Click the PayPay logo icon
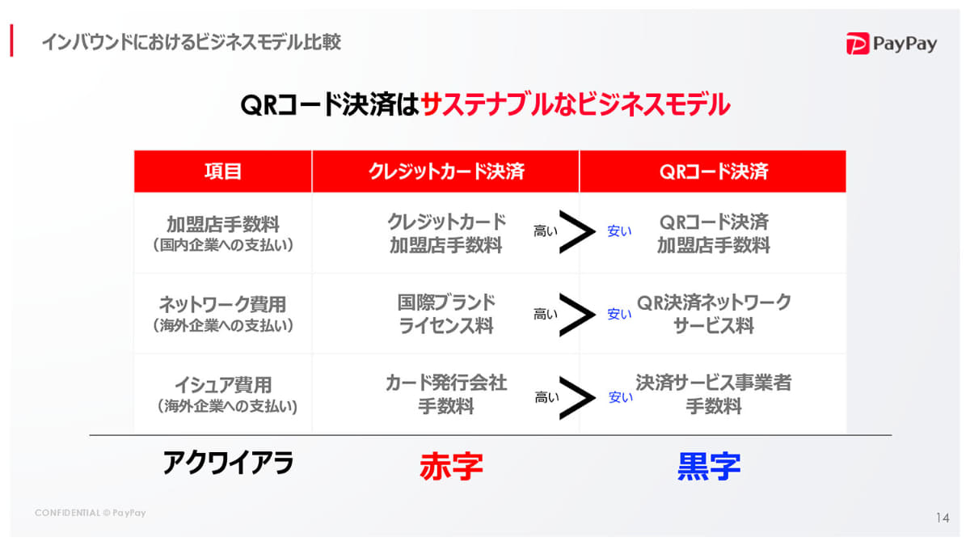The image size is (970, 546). [858, 44]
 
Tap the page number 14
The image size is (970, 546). [943, 518]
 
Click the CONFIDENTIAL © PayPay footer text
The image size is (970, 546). [90, 513]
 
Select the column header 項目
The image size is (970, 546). [223, 171]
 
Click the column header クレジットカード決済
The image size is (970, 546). [446, 171]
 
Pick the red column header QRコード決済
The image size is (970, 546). [713, 171]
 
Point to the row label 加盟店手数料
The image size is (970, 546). [223, 224]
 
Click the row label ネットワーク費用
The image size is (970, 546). [223, 305]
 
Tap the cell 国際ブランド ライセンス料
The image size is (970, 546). [446, 314]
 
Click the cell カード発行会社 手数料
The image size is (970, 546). [446, 394]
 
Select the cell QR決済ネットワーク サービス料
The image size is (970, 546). [713, 314]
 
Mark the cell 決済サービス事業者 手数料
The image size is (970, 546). [713, 394]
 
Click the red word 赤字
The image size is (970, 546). [451, 466]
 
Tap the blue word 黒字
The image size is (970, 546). [709, 466]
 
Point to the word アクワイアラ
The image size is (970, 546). [228, 463]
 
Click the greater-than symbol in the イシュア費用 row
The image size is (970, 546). [577, 396]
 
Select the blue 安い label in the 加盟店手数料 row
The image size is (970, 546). [619, 232]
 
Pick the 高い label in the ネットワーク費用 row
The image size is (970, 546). [546, 314]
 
